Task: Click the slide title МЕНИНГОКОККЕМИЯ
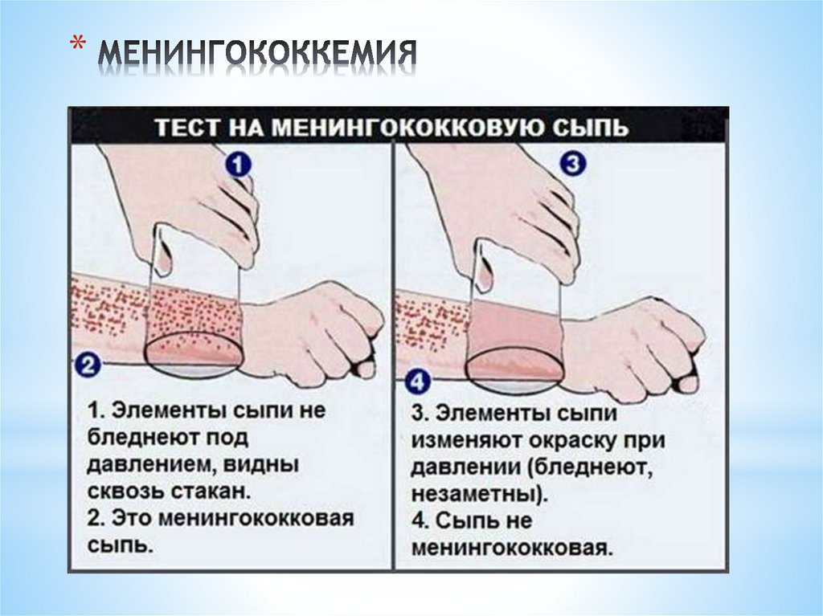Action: [x=257, y=55]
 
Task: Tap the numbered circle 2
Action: [x=87, y=366]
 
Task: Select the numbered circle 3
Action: [x=571, y=165]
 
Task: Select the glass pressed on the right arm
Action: [x=514, y=321]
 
